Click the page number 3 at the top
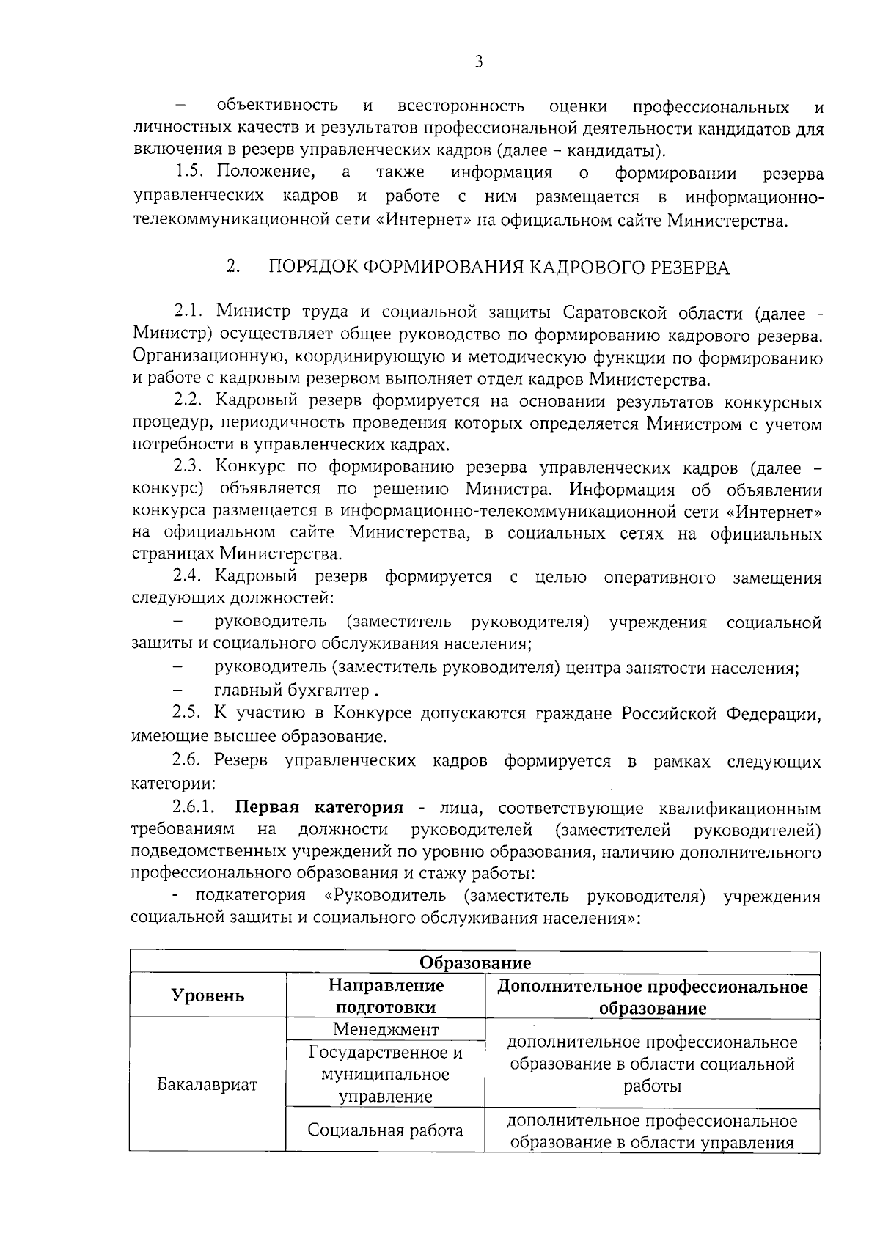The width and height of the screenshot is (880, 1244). [x=478, y=62]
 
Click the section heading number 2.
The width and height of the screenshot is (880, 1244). [x=233, y=267]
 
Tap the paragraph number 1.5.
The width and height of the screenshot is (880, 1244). [x=193, y=174]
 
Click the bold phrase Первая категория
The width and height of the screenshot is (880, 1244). [x=319, y=808]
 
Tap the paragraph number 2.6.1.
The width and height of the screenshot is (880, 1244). [x=194, y=808]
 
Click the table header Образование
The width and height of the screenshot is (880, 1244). [x=474, y=962]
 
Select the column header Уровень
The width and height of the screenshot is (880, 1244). [x=208, y=995]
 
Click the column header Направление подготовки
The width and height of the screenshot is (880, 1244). [x=385, y=995]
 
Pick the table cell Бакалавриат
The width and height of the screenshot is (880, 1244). [x=208, y=1084]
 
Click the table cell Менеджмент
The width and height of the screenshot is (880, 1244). [x=385, y=1029]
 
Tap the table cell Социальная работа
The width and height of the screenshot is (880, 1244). [x=385, y=1130]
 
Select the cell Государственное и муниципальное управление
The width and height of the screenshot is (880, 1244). [x=385, y=1075]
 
